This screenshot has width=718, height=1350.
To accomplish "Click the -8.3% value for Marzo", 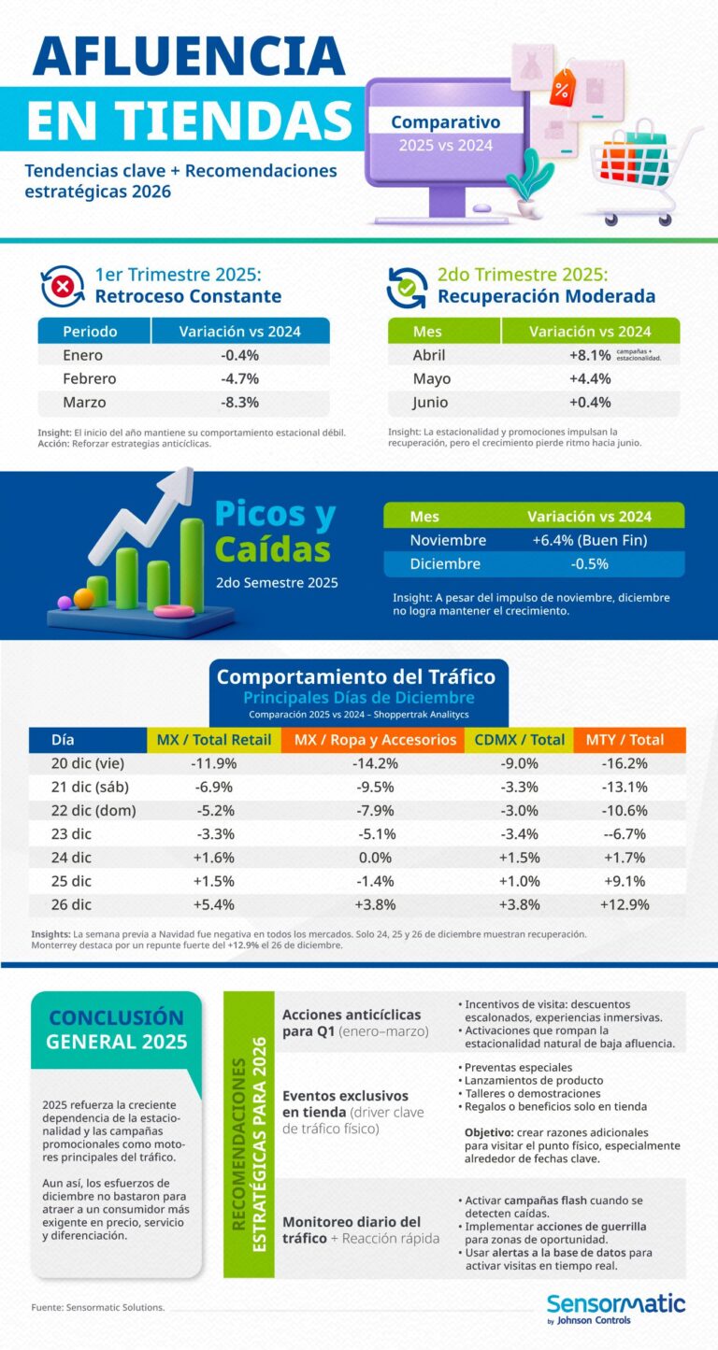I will tap(239, 403).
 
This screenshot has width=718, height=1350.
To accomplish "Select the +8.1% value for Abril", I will tap(589, 355).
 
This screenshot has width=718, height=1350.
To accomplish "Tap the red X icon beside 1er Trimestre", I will tap(63, 287).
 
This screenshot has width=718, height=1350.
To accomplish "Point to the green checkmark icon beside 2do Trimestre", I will tap(408, 287).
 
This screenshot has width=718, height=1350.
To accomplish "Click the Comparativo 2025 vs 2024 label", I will tap(445, 133).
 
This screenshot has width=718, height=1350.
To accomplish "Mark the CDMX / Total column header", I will tap(519, 740).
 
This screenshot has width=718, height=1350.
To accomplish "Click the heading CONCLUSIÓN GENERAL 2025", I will tap(117, 1029).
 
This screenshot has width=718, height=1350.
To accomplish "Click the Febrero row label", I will tap(90, 378).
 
